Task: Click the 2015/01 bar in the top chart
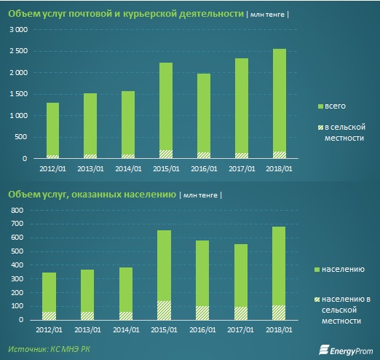(166, 111)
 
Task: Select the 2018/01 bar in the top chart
(280, 103)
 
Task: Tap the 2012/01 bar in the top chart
(52, 130)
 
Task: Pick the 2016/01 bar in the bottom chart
(202, 280)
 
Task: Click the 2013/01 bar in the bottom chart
(87, 294)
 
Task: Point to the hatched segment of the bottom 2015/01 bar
(164, 310)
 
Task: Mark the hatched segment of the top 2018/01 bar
(280, 155)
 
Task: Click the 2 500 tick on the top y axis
(19, 51)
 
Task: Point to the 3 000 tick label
(19, 30)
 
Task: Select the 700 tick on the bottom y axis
(17, 224)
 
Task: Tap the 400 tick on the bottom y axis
(17, 265)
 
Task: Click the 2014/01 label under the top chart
(128, 168)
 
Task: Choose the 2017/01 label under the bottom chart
(240, 329)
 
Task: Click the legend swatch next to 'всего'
(320, 106)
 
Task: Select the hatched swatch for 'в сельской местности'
(320, 128)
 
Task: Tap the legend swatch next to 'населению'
(317, 270)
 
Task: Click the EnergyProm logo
(346, 350)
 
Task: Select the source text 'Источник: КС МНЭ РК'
(49, 349)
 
